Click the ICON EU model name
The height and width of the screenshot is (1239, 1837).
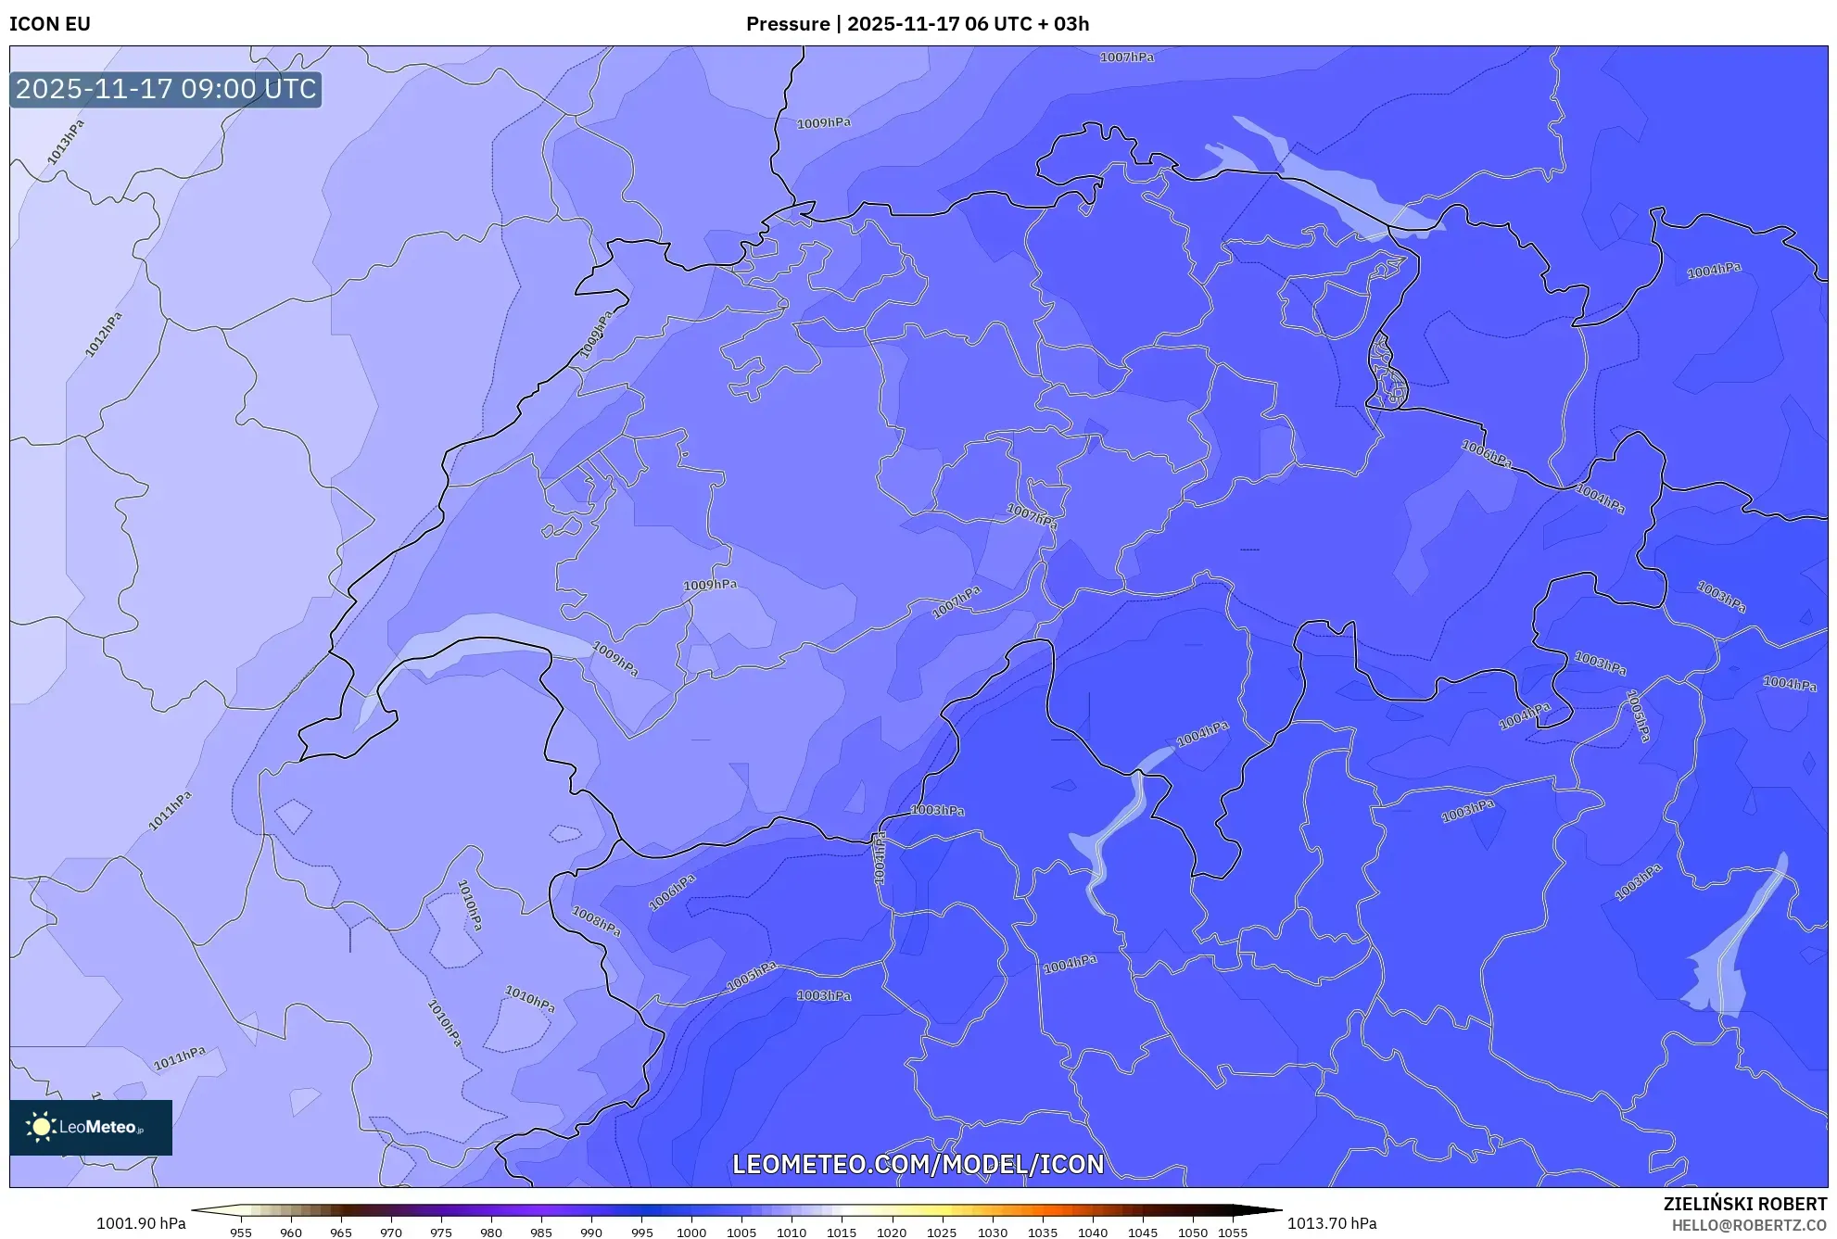click(50, 24)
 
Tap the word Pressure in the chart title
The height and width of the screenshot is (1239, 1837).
click(787, 24)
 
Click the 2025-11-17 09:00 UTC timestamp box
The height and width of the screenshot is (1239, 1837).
click(166, 89)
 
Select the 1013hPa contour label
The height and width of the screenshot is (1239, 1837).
click(66, 142)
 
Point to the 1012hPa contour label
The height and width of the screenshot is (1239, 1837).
click(104, 335)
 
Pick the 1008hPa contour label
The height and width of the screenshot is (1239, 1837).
click(596, 921)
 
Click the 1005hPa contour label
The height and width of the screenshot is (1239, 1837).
click(751, 976)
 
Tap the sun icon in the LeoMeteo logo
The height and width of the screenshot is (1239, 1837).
click(41, 1127)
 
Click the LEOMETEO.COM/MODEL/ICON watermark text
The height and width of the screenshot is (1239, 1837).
click(918, 1164)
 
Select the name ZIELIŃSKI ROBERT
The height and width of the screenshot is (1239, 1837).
click(1744, 1204)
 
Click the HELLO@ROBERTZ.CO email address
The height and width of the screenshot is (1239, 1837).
click(1749, 1225)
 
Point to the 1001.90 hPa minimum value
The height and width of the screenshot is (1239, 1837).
click(141, 1223)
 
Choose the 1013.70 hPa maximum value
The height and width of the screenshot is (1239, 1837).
click(1331, 1223)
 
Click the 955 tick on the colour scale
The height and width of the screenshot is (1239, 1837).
click(241, 1233)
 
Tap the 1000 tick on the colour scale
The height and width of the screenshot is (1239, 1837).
click(691, 1233)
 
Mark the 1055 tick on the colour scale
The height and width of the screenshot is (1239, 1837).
click(1232, 1233)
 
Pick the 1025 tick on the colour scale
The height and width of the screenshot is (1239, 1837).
click(941, 1233)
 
